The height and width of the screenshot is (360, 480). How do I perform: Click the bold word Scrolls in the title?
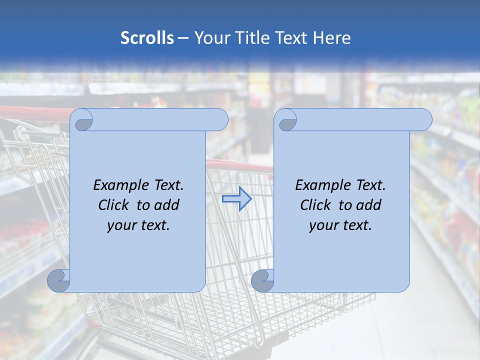point(147,38)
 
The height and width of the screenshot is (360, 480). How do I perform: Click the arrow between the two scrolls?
point(236,199)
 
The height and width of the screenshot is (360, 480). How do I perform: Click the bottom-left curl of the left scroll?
point(59,281)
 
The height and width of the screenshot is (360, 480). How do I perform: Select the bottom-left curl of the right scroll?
point(263,281)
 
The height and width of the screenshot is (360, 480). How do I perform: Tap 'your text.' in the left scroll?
point(138,225)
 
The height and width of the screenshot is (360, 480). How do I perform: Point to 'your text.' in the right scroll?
point(340,225)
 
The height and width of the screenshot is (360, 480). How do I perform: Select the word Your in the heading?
point(212,38)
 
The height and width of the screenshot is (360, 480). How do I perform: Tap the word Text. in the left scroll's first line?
point(166,185)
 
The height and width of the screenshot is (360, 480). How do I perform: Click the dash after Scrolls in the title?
point(183,38)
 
